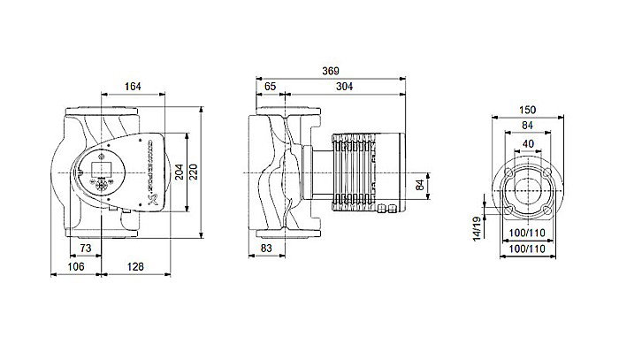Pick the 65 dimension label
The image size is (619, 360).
pyautogui.click(x=270, y=87)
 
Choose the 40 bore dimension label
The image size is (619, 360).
pyautogui.click(x=528, y=142)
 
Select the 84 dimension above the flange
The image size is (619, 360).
pyautogui.click(x=528, y=126)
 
